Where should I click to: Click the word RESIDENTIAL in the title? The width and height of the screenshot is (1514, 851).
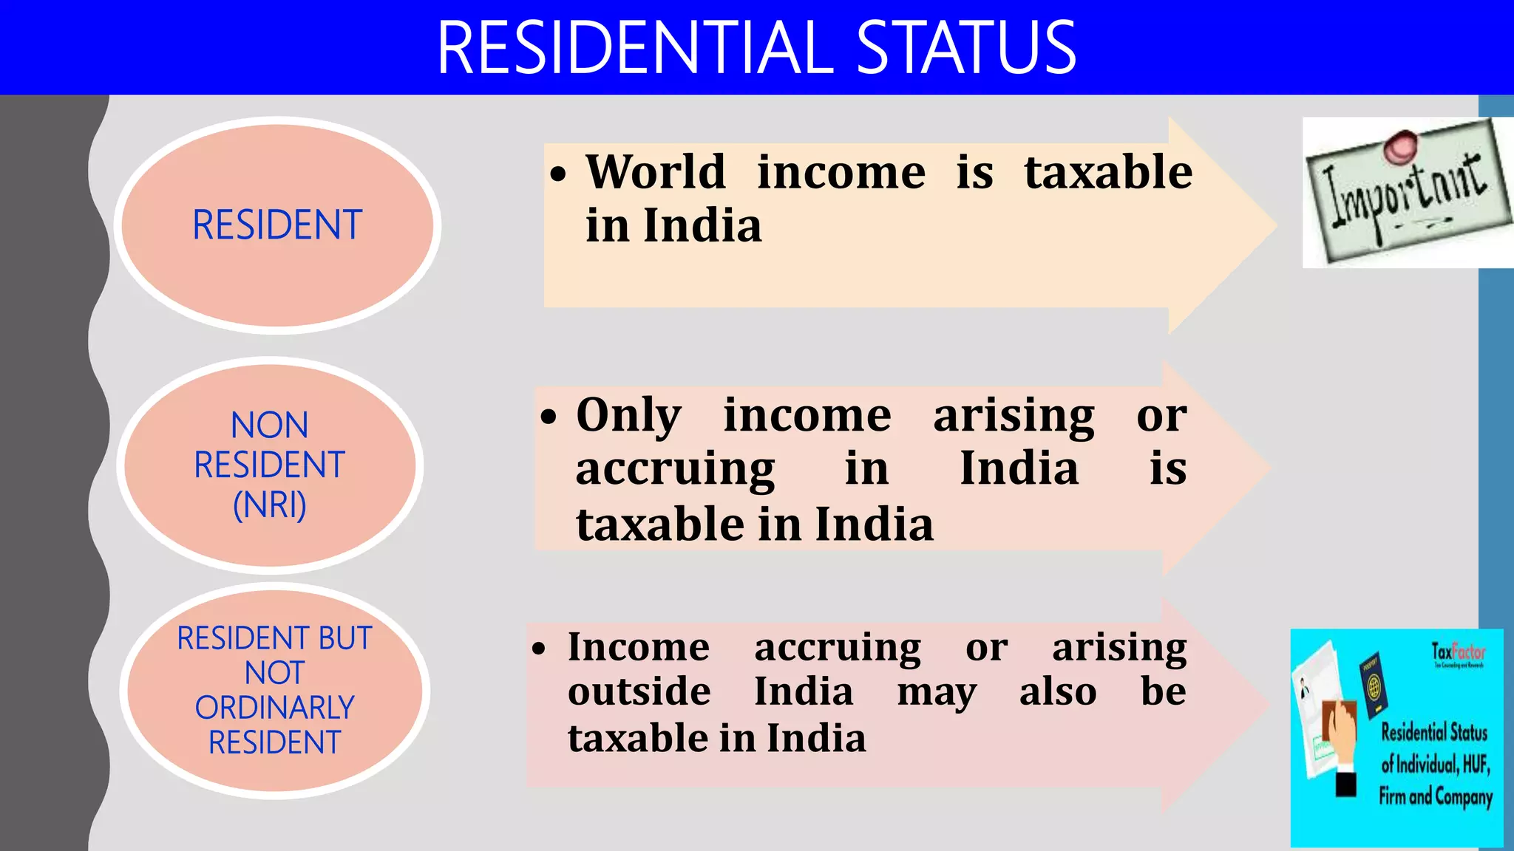point(636,48)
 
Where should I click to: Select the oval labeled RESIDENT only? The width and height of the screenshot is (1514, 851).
point(277,225)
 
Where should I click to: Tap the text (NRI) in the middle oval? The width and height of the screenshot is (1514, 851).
point(270,505)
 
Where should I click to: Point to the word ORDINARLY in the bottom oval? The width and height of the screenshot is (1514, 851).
point(274,708)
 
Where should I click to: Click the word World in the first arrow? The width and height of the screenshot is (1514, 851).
point(656,172)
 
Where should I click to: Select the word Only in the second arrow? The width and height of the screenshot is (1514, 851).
point(629,414)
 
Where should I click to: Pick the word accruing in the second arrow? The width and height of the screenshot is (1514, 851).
point(675,469)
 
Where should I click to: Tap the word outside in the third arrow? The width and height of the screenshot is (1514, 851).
point(639,692)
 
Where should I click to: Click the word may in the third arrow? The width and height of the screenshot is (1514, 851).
point(937,692)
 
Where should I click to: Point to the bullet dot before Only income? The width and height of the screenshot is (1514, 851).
point(548,417)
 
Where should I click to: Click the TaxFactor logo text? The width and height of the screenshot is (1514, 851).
point(1458,652)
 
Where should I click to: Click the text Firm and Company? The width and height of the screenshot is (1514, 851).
point(1435,796)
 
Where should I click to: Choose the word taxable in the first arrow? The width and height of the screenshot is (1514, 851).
point(1108,172)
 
